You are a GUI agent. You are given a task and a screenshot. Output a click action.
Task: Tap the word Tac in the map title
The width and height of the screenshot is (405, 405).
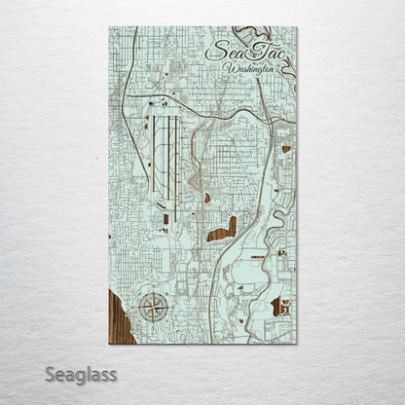coord(262,52)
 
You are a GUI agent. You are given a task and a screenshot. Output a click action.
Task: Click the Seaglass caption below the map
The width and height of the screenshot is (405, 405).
coord(81,374)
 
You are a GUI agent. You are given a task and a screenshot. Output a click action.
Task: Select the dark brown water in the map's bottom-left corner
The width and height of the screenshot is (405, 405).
coord(118,316)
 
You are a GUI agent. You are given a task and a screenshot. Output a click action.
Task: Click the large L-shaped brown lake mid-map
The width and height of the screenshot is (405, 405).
coord(224,230)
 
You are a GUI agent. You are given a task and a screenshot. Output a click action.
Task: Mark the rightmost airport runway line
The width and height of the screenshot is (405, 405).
coord(177,147)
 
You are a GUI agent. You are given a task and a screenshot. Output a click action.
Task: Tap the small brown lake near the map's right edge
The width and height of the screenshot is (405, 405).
coord(286,149)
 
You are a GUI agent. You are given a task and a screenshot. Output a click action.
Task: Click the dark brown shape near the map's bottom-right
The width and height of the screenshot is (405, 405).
coord(281,308)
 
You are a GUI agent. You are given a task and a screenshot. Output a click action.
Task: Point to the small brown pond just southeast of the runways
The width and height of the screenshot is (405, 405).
coord(207,199)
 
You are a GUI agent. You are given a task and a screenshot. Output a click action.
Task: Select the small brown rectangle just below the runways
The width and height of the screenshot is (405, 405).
coord(166,218)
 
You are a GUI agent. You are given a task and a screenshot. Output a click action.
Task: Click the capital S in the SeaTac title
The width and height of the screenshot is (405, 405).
coord(217,52)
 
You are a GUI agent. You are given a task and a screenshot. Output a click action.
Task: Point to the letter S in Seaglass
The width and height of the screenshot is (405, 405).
coord(51,374)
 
